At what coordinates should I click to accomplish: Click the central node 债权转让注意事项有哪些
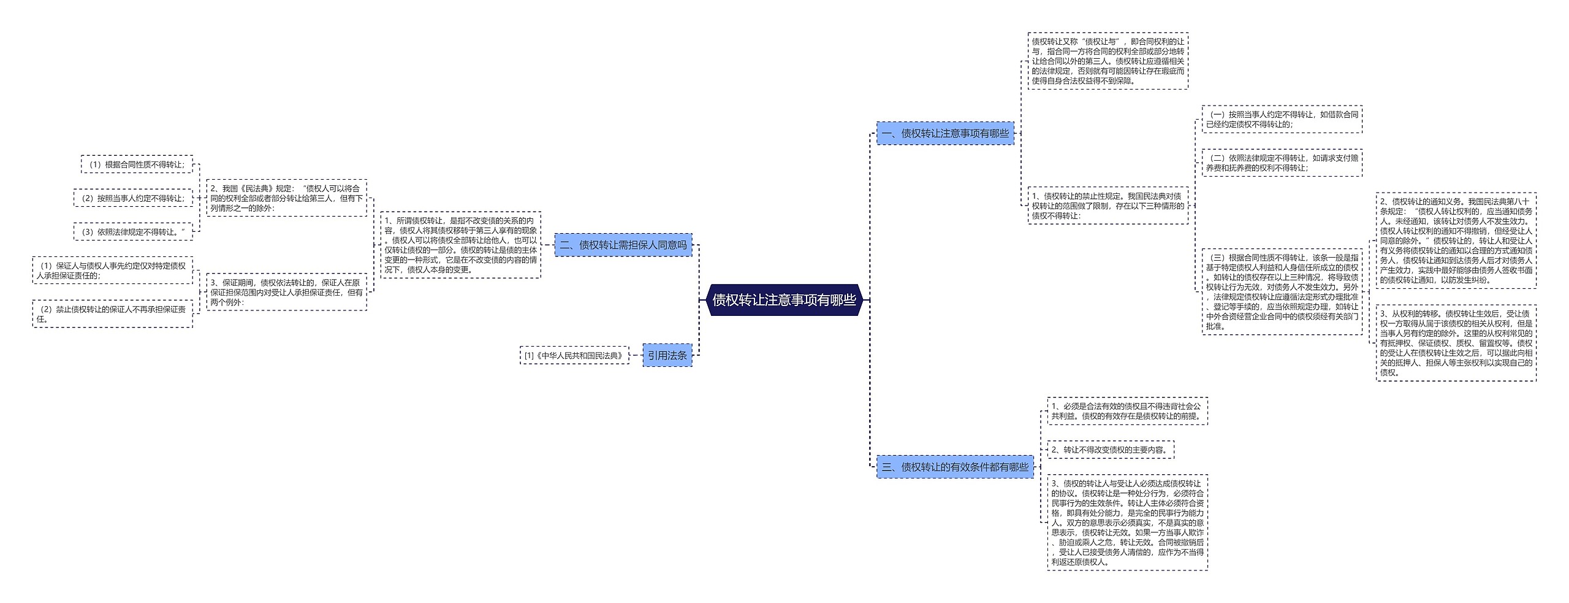coord(784,300)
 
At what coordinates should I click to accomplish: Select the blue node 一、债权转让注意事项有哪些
coord(945,133)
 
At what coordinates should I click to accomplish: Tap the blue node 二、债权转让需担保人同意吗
coord(623,245)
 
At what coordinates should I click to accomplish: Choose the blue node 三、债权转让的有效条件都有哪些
coord(955,467)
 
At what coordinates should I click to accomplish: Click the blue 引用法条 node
coord(667,355)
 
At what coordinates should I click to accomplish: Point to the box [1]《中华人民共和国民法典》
coord(574,355)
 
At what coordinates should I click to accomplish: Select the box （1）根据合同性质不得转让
coord(137,164)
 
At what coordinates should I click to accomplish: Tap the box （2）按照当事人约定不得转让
coord(133,198)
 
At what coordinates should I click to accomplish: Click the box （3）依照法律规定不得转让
coord(133,232)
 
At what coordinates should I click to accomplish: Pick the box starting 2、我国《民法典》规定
coord(286,198)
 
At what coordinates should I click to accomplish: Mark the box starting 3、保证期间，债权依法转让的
coord(286,292)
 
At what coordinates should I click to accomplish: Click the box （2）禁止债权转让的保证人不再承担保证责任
coord(112,313)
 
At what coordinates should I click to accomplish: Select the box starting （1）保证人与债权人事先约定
coord(112,271)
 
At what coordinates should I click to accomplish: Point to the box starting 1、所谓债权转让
coord(460,245)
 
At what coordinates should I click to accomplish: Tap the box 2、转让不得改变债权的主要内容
coord(1111,450)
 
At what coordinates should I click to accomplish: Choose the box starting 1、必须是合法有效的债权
coord(1127,411)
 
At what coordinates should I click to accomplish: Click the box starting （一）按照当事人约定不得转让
coord(1282,119)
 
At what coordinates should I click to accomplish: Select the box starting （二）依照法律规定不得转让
coord(1282,163)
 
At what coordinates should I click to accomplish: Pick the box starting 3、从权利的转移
coord(1456,343)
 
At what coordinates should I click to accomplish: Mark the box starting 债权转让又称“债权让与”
coord(1107,61)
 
